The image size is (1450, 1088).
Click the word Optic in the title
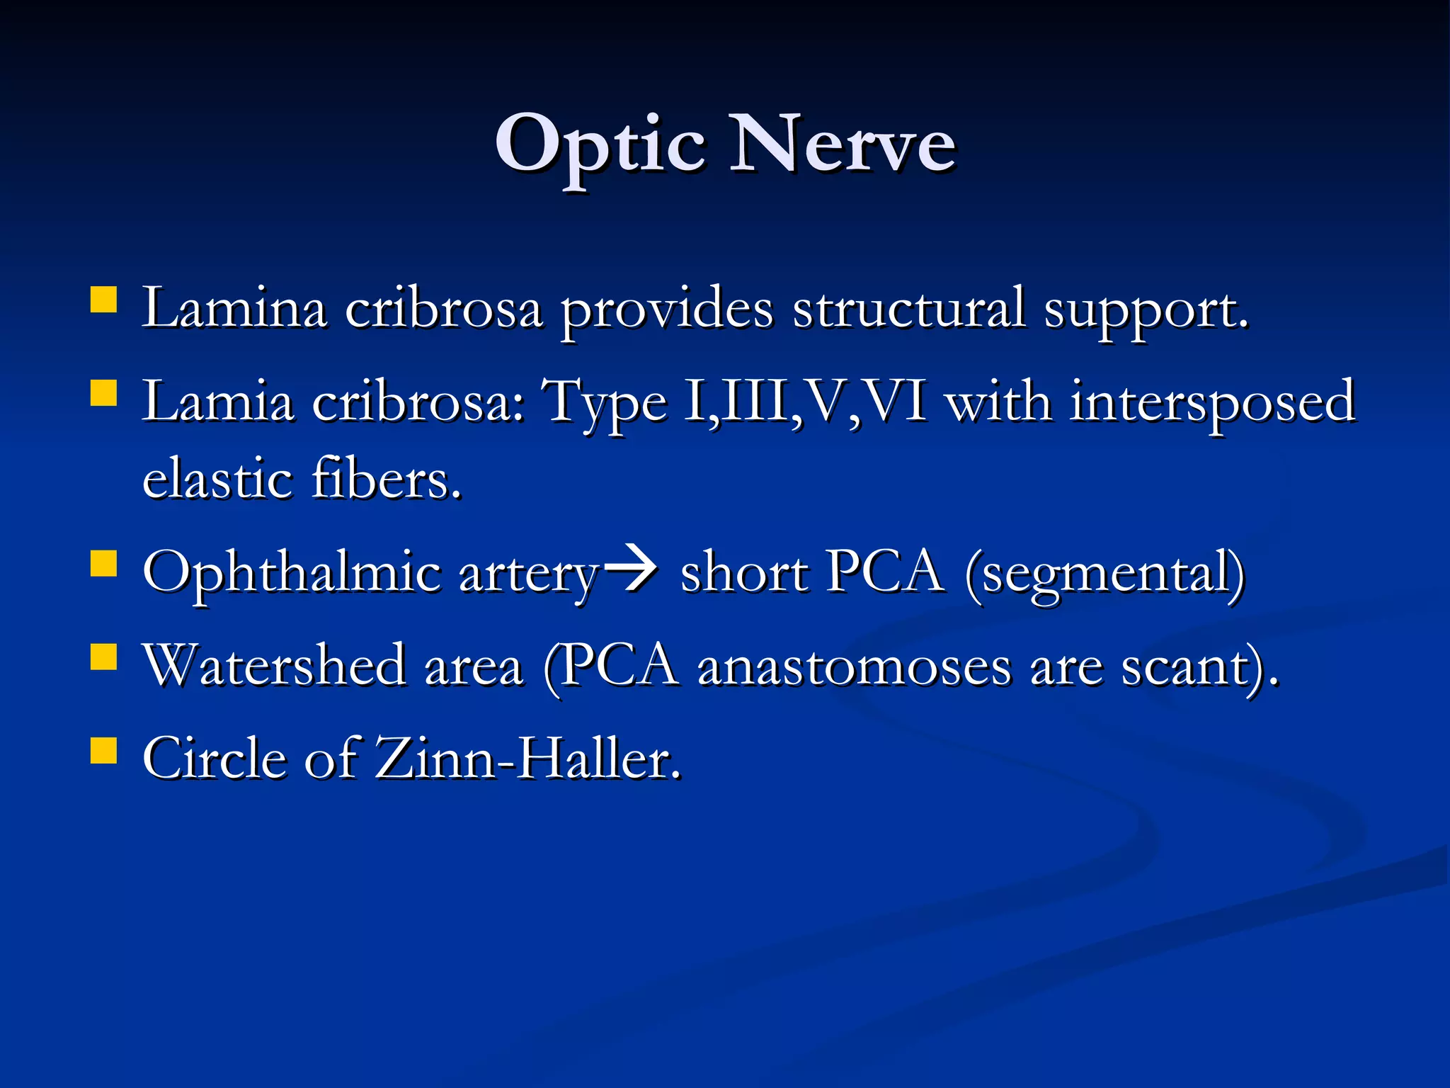600,145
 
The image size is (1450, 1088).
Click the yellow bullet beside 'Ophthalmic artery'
103,565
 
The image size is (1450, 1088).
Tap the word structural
909,309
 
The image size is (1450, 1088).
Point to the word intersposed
1211,402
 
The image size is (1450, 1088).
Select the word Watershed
275,666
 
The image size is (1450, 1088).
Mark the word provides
667,310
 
